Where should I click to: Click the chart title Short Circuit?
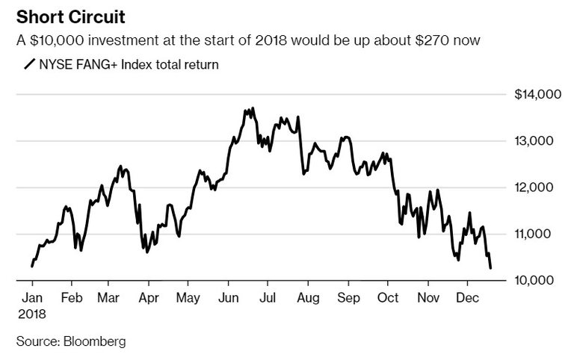pyautogui.click(x=63, y=16)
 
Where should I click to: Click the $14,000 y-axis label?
pyautogui.click(x=534, y=94)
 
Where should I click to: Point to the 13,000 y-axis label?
pyautogui.click(x=537, y=140)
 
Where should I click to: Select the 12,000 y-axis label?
pyautogui.click(x=537, y=187)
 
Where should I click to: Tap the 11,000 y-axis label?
pyautogui.click(x=537, y=234)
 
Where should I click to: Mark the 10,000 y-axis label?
pyautogui.click(x=537, y=280)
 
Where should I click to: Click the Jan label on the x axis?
pyautogui.click(x=32, y=297)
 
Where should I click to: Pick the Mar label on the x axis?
pyautogui.click(x=110, y=297)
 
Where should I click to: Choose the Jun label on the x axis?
pyautogui.click(x=229, y=297)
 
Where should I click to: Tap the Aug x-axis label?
pyautogui.click(x=307, y=297)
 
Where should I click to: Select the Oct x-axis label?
pyautogui.click(x=387, y=297)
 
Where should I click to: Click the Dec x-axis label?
pyautogui.click(x=467, y=297)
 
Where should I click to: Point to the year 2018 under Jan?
pyautogui.click(x=33, y=314)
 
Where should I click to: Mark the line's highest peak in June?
pyautogui.click(x=253, y=108)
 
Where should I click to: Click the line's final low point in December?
pyautogui.click(x=490, y=267)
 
